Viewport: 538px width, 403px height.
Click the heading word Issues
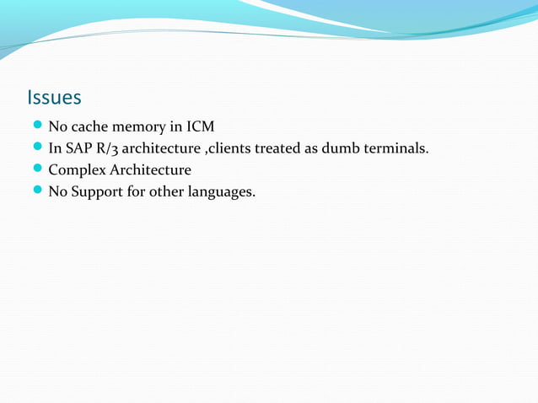pos(54,98)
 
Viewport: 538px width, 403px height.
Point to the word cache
pos(89,127)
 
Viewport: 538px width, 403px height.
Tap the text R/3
pos(107,149)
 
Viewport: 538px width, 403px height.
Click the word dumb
pos(347,149)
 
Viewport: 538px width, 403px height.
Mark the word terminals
pos(398,149)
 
